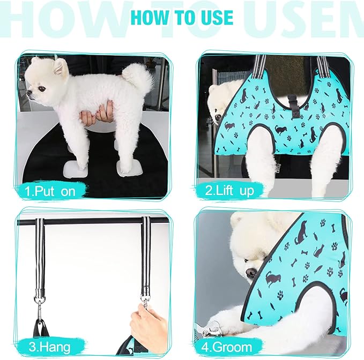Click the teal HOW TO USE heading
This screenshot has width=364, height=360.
182,17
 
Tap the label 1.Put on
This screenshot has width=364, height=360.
53,190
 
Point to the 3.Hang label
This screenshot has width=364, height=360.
50,347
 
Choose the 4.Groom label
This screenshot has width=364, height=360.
232,347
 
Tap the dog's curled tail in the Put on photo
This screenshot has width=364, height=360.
138,77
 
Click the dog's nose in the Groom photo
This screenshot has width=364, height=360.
250,273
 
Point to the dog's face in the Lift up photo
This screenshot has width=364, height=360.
219,102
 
